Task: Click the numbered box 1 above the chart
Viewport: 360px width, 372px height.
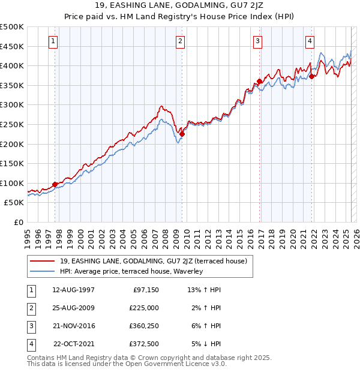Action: tap(54, 41)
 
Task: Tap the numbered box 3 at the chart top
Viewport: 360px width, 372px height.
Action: tap(257, 41)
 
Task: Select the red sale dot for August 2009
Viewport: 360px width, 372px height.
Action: tap(182, 134)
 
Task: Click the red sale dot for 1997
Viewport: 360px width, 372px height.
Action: tap(55, 184)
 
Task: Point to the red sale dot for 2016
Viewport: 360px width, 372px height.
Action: tap(259, 81)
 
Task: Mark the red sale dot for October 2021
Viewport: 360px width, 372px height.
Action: tap(312, 76)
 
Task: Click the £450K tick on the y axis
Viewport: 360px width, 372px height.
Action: tap(12, 46)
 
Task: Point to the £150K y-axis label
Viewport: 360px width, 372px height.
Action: tap(12, 163)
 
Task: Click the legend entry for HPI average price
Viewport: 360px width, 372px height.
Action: tap(131, 271)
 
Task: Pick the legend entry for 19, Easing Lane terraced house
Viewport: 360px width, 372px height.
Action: tap(149, 260)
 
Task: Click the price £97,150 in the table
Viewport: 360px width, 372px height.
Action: tap(145, 290)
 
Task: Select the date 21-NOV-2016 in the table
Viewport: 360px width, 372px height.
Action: tap(74, 326)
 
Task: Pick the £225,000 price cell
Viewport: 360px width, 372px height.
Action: tap(144, 308)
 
